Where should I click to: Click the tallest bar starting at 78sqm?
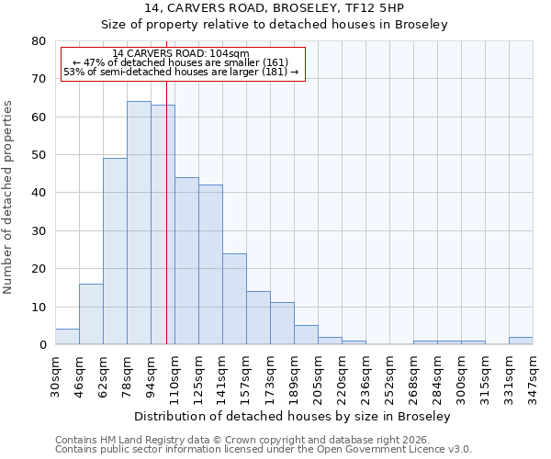point(139,223)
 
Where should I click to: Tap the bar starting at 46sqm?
point(91,314)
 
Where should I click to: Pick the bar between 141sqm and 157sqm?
point(234,299)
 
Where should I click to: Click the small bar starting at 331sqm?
point(521,341)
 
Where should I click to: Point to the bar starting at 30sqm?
point(67,337)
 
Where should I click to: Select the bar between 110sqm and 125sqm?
point(186,261)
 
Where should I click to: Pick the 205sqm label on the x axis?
point(318,376)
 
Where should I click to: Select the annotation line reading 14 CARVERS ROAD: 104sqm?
point(180,54)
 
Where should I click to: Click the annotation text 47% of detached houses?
point(180,62)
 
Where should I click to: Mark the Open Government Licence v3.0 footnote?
point(263,450)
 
